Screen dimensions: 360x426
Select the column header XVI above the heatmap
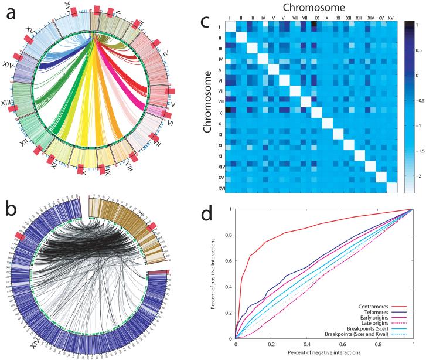391,18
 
